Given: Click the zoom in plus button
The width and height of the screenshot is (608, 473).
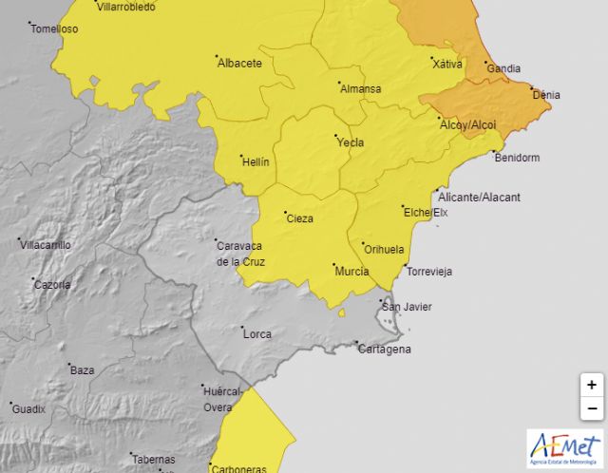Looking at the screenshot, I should pos(591,385).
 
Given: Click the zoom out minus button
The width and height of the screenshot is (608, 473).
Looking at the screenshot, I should pos(591,408).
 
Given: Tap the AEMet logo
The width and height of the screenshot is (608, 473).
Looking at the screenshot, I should pos(564,447).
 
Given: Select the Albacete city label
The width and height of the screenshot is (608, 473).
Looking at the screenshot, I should pos(239,64).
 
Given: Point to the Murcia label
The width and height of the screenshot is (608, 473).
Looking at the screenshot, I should pos(351,272).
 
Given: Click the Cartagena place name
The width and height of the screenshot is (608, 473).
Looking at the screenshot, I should pos(385,350).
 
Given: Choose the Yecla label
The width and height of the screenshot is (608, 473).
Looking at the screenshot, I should pos(350,143).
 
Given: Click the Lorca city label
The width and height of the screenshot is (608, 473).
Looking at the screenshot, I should pos(256,334).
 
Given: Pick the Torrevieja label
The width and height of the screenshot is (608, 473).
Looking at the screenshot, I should pos(428,272).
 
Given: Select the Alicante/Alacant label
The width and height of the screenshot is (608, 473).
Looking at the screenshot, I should pos(479,197).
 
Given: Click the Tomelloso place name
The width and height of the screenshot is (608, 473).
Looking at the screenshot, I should pos(54,28).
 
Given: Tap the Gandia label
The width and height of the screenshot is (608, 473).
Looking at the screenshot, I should pos(503,68).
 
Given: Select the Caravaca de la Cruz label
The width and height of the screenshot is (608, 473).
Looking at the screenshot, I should pos(240,254).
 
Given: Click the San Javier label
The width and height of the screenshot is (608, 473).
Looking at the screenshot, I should pos(406,307).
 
